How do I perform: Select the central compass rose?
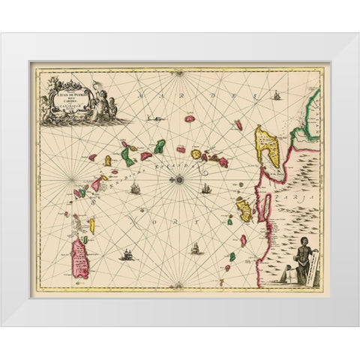(x=178, y=178)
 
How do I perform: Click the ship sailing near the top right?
(x=277, y=95)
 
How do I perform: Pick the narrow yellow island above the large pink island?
(x=91, y=224)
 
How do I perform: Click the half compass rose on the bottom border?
(x=178, y=285)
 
